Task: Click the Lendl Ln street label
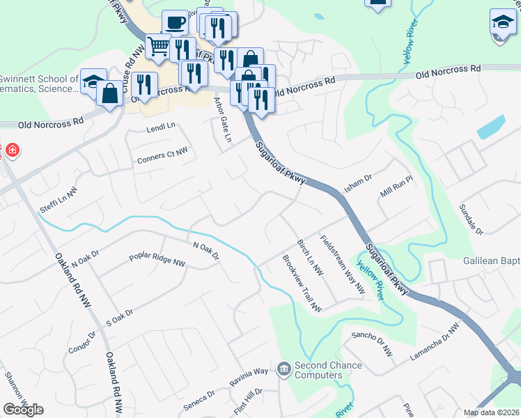point(161,128)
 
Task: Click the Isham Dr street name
point(358,183)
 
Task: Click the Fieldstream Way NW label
point(343,263)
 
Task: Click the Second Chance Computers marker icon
point(283,369)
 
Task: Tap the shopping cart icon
point(159,47)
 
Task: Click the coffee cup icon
point(175,22)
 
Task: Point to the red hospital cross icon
point(10,150)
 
